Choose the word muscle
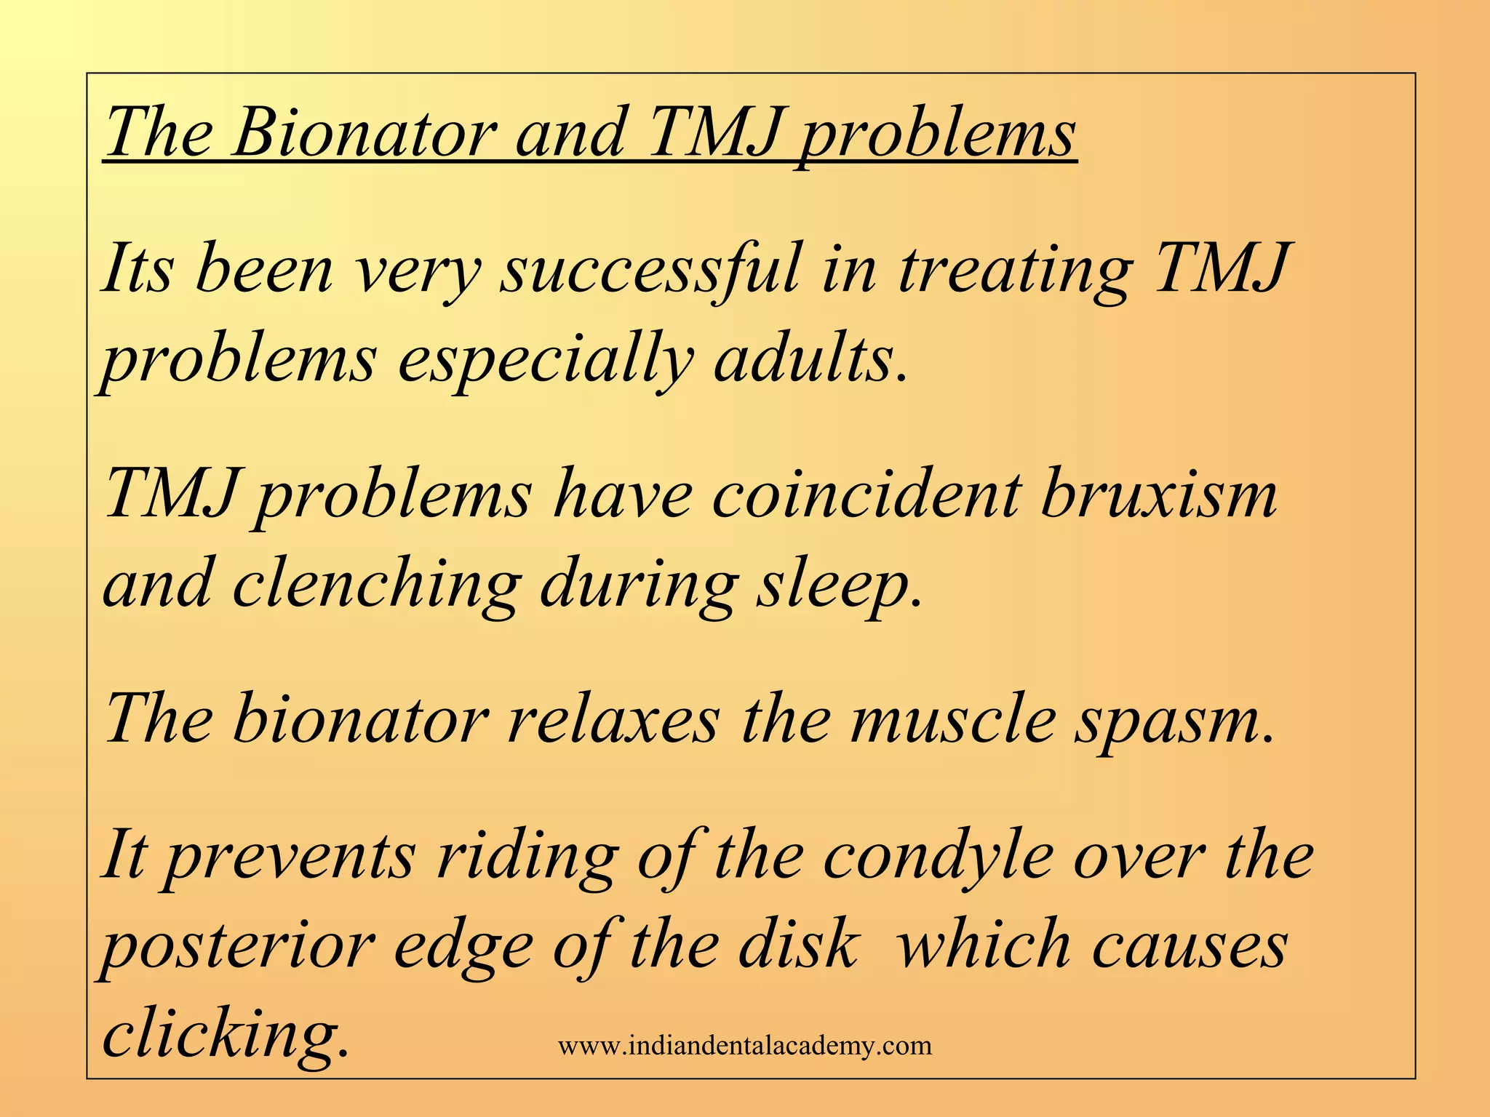[953, 720]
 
